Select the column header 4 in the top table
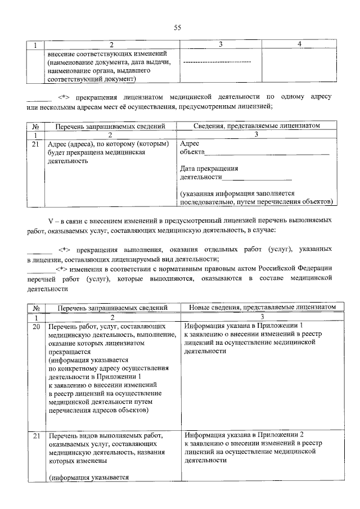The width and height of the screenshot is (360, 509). coord(299,44)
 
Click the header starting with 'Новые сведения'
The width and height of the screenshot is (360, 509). coord(258,307)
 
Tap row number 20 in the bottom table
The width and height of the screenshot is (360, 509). coord(36,326)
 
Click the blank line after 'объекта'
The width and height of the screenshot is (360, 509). coord(267,152)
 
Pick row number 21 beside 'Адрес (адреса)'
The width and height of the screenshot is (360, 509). coord(36,144)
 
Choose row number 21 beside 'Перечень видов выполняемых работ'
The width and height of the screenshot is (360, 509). coord(36,435)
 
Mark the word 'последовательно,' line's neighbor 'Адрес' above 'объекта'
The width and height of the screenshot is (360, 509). coord(190,144)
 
